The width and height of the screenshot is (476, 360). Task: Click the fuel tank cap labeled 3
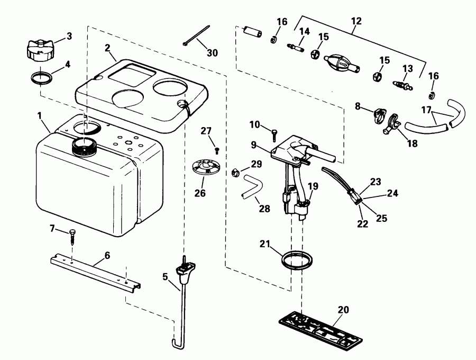(39, 50)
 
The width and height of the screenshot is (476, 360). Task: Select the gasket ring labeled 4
(42, 78)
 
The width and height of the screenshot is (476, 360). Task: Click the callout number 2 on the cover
(107, 47)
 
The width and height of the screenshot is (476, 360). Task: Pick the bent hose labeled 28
(251, 188)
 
